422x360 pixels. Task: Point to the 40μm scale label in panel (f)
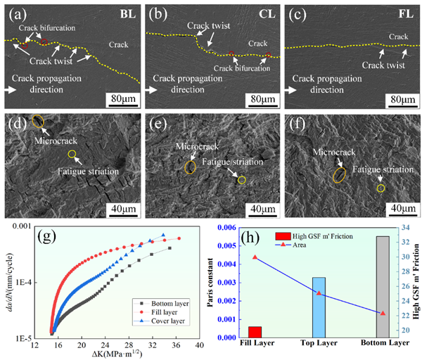pos(400,209)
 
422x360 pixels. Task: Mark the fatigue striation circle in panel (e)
pos(241,180)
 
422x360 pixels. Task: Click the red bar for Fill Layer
pos(255,332)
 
